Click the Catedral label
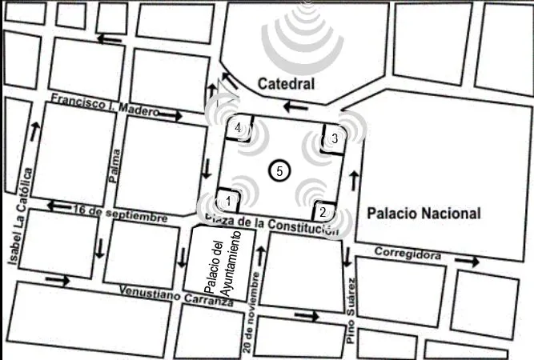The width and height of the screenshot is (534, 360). [286, 83]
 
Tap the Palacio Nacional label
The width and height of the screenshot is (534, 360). [424, 214]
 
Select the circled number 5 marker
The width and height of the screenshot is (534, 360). [279, 170]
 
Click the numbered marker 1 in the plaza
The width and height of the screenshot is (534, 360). [229, 200]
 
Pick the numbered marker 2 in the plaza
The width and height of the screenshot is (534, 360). [322, 212]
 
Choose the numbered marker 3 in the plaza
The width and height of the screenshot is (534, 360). [334, 138]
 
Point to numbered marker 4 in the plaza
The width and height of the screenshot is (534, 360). [238, 127]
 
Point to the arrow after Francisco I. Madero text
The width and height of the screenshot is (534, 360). [171, 116]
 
